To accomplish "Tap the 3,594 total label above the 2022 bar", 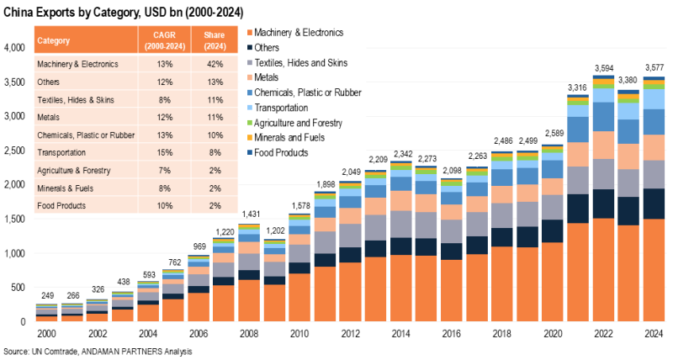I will (x=604, y=68).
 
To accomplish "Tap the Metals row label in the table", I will (x=49, y=117).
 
